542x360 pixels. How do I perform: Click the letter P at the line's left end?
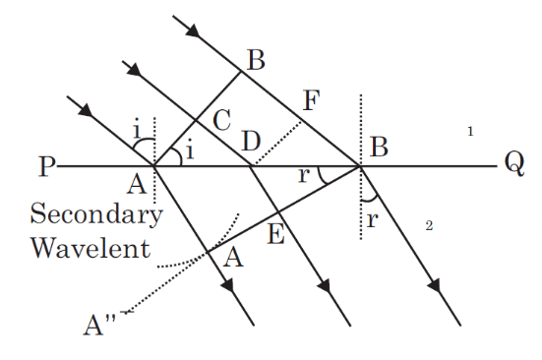coord(44,166)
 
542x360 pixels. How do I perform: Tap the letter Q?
coord(513,163)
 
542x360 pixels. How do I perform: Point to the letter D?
coord(251,142)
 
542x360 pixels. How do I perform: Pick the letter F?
coord(313,100)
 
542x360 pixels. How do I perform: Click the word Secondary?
coord(96,213)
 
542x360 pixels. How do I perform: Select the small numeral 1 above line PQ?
coord(471,130)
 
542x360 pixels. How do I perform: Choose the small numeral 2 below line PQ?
coord(429,226)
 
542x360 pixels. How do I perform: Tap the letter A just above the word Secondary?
coord(138,184)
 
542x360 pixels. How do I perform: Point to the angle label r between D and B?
coord(303,175)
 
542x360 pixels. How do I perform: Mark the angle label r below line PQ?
coord(372,220)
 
